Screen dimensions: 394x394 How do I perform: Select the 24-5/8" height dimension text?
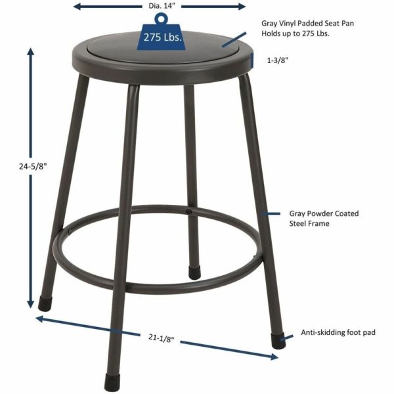tap(14, 167)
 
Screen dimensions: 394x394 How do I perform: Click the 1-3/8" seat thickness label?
tap(278, 60)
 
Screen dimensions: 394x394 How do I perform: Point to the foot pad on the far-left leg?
tap(45, 303)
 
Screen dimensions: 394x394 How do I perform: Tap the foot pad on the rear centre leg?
tap(194, 271)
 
